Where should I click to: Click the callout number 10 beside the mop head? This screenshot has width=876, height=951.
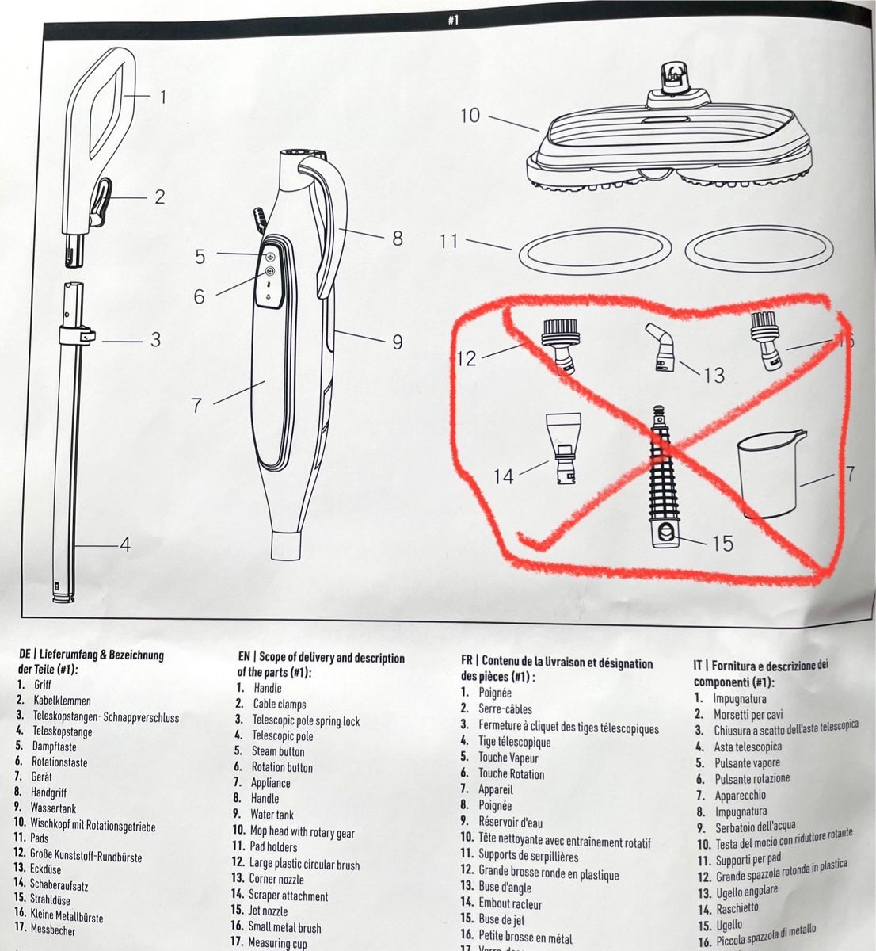point(470,116)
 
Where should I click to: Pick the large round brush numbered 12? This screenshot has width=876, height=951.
point(561,344)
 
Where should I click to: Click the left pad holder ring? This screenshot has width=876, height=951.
point(595,251)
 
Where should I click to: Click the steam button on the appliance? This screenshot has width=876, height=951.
point(270,256)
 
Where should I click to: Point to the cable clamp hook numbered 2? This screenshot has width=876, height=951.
point(101,201)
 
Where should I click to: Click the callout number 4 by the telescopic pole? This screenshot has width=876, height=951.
point(124,544)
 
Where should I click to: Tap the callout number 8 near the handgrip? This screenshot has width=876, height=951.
point(397,237)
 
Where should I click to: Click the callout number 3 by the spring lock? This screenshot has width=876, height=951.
point(155,339)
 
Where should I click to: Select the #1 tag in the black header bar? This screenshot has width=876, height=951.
point(452,21)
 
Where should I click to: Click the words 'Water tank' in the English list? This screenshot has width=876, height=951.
point(272,815)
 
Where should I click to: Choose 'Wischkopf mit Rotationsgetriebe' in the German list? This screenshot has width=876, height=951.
point(93,825)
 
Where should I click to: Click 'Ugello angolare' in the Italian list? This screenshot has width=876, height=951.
point(748,892)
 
